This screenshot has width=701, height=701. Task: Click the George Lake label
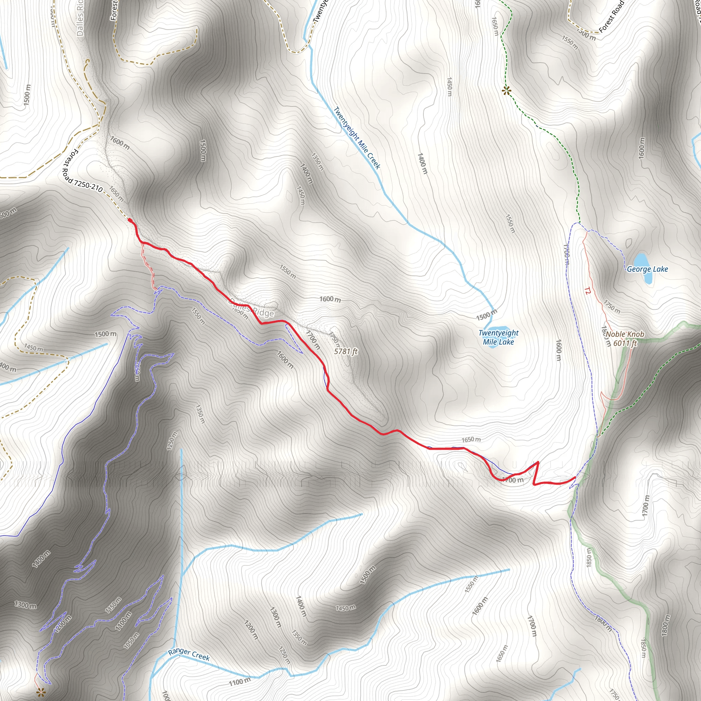[x=647, y=269]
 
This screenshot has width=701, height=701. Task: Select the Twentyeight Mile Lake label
[x=498, y=337]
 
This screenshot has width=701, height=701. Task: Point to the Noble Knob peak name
[x=625, y=334]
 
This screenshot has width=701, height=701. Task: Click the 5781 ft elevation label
[x=345, y=351]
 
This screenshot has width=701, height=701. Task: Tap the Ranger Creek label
[x=189, y=654]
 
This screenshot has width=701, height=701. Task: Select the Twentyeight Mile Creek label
[x=357, y=138]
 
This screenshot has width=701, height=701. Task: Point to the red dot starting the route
[x=130, y=220]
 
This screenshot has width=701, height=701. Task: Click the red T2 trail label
[x=587, y=291]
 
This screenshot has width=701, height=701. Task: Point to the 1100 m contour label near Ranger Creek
[x=240, y=682]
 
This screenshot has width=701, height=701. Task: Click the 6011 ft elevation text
[x=625, y=343]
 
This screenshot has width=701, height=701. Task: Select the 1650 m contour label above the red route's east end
[x=471, y=440]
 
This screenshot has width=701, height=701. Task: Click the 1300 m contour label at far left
[x=25, y=605]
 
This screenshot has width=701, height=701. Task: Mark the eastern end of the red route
[x=575, y=477]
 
